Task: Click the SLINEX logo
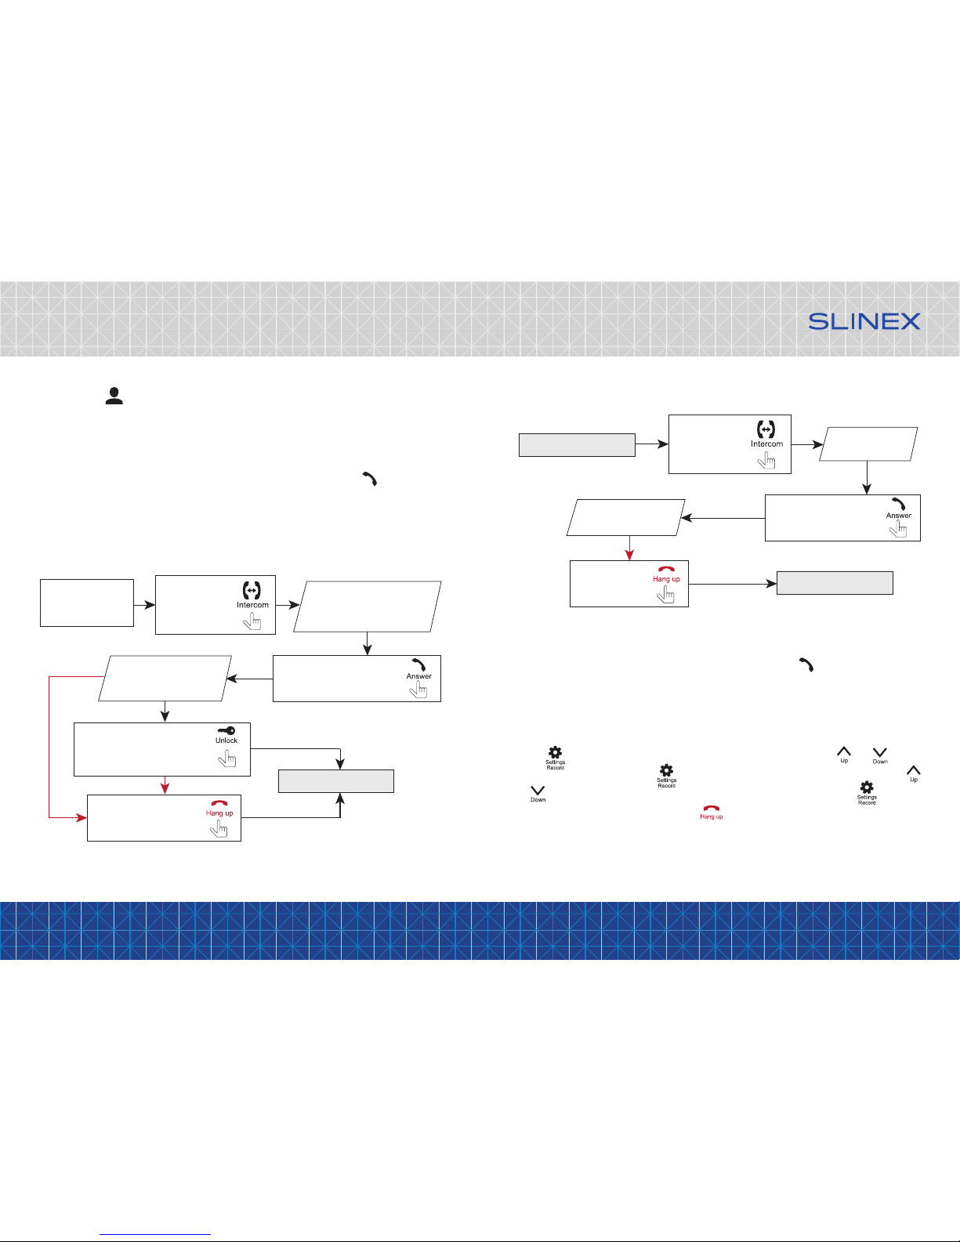(x=864, y=321)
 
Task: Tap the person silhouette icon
(x=114, y=396)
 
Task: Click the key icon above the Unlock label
(x=226, y=730)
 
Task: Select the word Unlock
(x=226, y=740)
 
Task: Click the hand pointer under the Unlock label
(x=226, y=759)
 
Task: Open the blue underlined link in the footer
(x=155, y=1234)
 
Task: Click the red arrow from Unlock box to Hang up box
(x=165, y=785)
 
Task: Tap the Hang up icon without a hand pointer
(x=712, y=808)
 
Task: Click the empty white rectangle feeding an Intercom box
(x=87, y=603)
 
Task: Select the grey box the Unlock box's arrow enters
(x=336, y=781)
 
